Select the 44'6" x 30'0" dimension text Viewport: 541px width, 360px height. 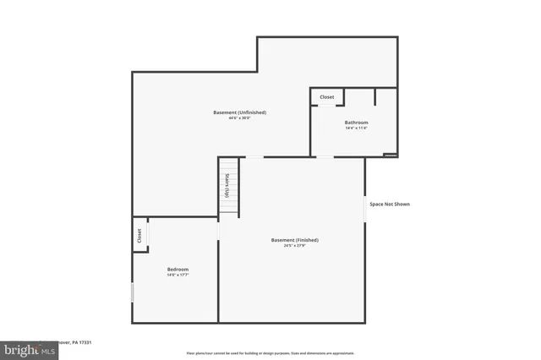pos(239,118)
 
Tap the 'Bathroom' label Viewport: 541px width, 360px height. pos(356,123)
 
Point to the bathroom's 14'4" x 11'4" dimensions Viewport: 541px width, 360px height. pos(356,128)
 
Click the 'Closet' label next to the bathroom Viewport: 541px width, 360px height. pos(326,97)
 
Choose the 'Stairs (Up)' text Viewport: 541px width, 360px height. pos(227,187)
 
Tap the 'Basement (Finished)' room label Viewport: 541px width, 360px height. pos(294,240)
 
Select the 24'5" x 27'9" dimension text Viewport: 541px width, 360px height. pos(294,246)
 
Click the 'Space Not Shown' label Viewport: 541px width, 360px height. pos(390,204)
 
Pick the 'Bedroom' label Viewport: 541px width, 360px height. pos(178,269)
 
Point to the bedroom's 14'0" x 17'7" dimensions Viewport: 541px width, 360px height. pos(178,275)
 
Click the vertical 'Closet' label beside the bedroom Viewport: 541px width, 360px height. pos(139,237)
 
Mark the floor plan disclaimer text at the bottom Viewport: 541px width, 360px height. pos(270,352)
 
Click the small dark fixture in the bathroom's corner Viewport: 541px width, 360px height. pos(390,155)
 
